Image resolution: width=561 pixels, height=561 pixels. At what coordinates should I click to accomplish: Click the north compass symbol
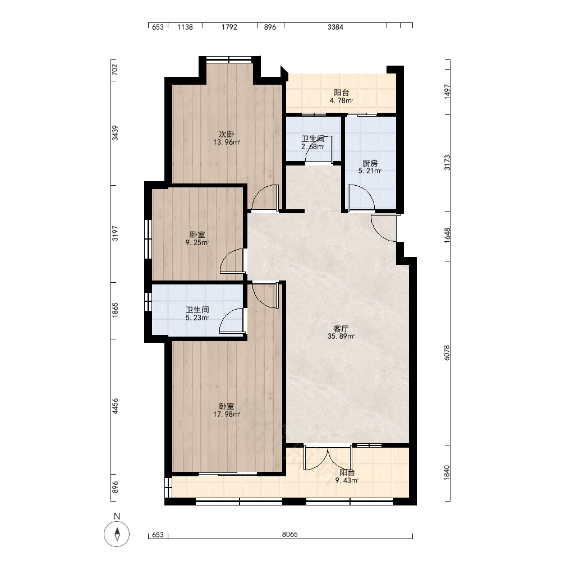tap(117, 534)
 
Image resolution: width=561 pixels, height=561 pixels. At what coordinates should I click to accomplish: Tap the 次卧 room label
tap(227, 134)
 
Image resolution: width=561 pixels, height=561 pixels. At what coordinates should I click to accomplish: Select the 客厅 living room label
tap(341, 328)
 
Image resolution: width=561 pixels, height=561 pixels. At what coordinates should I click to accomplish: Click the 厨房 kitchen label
tap(370, 163)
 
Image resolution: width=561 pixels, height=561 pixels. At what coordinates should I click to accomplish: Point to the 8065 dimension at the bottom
tap(290, 535)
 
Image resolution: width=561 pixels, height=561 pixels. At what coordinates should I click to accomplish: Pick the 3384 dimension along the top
tap(335, 27)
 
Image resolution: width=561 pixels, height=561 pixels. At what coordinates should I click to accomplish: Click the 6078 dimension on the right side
tap(447, 353)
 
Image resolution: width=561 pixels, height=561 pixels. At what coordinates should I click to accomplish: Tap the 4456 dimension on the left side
tap(115, 406)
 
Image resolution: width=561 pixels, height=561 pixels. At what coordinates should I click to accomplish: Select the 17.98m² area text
tap(227, 415)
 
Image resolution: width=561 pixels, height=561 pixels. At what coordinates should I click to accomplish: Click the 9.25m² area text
tap(197, 243)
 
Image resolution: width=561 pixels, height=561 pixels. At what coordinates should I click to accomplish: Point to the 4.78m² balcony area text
tap(341, 100)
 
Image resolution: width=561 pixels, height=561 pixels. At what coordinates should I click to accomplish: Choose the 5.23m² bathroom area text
tap(197, 318)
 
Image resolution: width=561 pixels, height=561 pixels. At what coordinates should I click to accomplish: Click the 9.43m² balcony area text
tap(347, 481)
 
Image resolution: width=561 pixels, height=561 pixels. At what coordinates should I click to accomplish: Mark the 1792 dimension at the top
tap(229, 27)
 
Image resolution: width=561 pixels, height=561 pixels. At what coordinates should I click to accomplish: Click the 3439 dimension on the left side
tap(115, 133)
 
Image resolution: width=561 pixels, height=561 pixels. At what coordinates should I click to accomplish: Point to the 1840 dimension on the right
tap(447, 472)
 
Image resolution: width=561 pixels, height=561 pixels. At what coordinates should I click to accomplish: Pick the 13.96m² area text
tap(227, 142)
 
